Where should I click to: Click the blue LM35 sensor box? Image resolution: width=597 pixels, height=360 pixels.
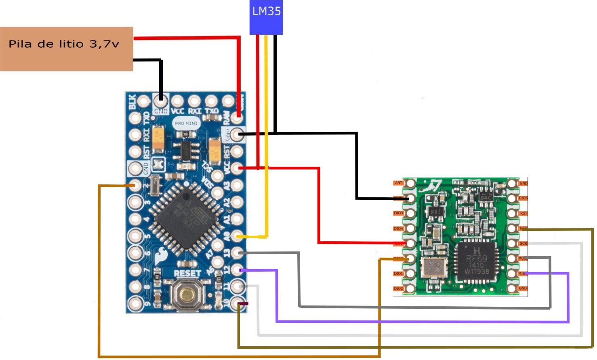(x=266, y=17)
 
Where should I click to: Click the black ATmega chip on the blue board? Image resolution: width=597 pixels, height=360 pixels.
(x=186, y=219)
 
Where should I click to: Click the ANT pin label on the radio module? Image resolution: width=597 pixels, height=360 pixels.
(x=399, y=183)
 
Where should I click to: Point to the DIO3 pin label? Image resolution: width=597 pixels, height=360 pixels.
(x=399, y=213)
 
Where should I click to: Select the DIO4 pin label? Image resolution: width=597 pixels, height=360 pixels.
(x=399, y=228)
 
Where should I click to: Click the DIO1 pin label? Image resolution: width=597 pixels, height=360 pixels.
(x=399, y=274)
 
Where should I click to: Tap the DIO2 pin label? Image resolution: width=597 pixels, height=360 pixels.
(x=399, y=289)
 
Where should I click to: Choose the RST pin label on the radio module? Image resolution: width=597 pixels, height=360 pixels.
(x=523, y=213)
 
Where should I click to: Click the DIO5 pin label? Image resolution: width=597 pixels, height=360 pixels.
(x=523, y=198)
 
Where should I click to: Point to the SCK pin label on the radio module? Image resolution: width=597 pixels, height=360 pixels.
(x=523, y=243)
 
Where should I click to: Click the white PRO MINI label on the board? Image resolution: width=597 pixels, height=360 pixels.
(x=186, y=123)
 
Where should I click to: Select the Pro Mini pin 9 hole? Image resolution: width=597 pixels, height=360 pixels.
(x=135, y=303)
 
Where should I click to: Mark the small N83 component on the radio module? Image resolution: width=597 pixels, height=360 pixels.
(x=436, y=211)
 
